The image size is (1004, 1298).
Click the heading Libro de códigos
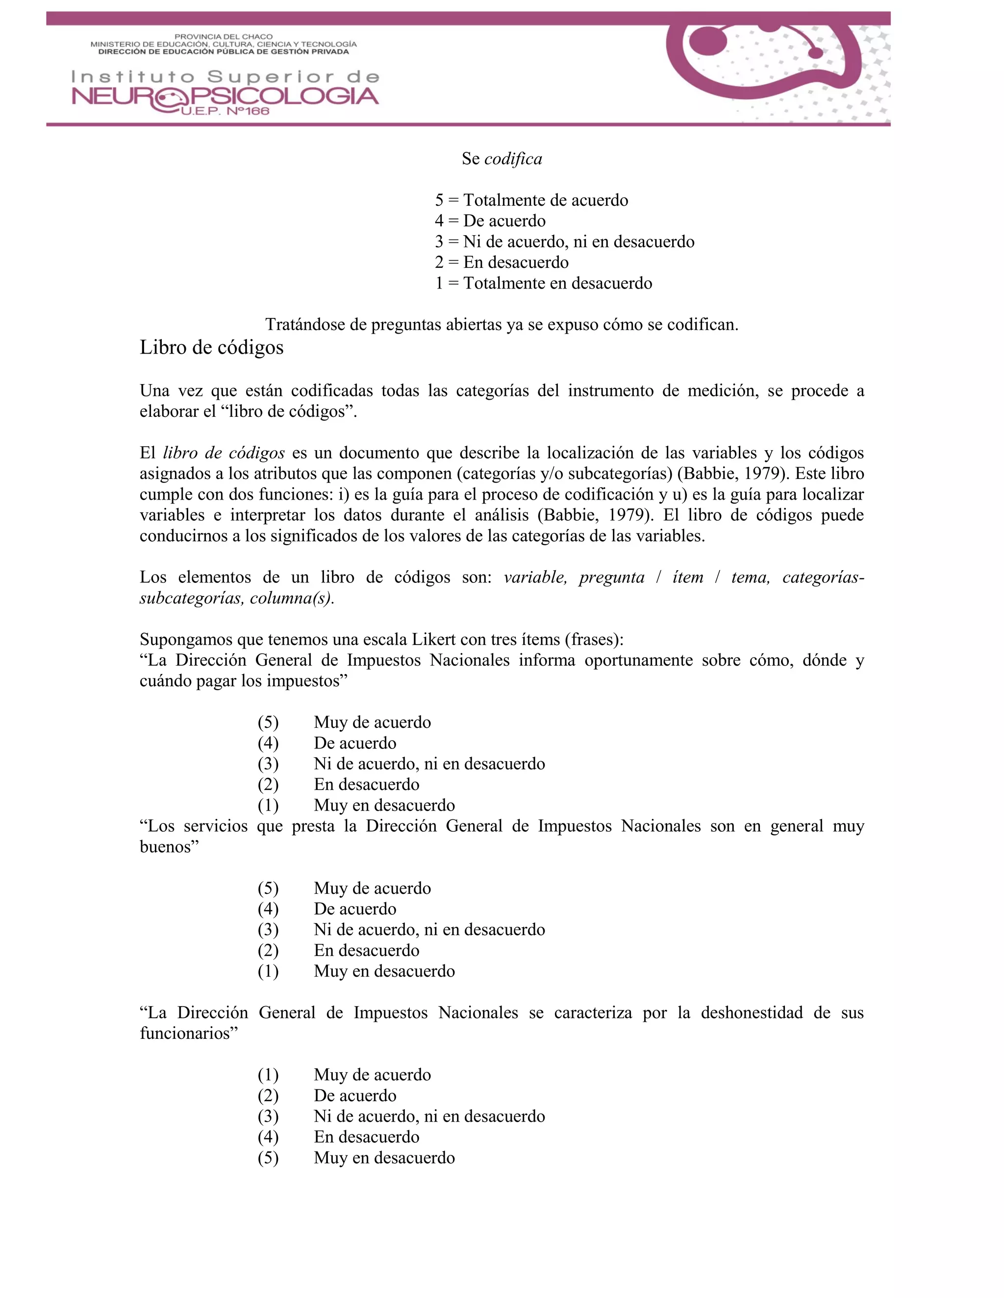[211, 348]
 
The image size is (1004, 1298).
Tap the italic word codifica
[513, 159]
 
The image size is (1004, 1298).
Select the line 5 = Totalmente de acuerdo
[531, 200]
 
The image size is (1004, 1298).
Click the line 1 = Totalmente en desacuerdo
[543, 284]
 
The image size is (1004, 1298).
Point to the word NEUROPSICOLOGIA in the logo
[225, 96]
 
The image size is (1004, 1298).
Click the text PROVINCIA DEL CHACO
[223, 37]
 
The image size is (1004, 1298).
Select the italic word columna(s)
[290, 599]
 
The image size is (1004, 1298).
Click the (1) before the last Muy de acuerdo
[268, 1075]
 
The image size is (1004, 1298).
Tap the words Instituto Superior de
[225, 77]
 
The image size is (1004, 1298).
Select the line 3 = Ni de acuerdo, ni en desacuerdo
[564, 242]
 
